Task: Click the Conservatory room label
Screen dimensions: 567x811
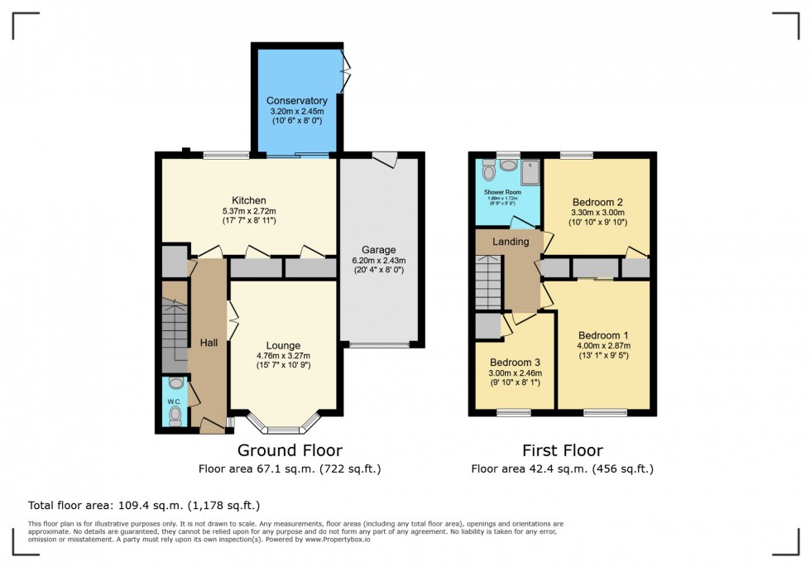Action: click(297, 101)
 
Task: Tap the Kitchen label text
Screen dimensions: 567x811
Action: click(248, 200)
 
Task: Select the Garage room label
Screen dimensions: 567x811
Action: click(378, 249)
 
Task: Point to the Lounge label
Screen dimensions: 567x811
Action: click(283, 345)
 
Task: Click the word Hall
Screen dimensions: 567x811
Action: click(209, 342)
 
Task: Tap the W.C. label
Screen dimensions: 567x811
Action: click(174, 402)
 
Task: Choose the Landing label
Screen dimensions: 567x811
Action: click(511, 242)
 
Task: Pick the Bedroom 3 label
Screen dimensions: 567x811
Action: click(515, 363)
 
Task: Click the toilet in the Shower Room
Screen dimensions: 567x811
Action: click(489, 170)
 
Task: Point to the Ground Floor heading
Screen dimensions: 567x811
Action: click(290, 450)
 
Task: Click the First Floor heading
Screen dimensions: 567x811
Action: click(562, 450)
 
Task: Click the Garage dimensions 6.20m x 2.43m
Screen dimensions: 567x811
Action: click(378, 260)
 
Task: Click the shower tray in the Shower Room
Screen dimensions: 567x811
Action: click(529, 171)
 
